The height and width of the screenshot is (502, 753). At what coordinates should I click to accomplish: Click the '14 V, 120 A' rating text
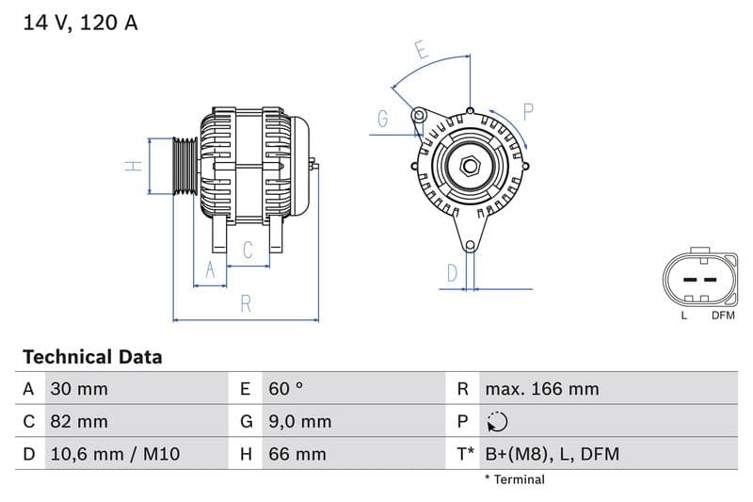coord(80,23)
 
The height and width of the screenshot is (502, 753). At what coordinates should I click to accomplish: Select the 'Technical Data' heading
coord(92,357)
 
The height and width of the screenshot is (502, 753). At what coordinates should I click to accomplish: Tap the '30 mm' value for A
coord(80,389)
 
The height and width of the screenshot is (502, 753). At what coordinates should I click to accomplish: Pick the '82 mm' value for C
coord(80,421)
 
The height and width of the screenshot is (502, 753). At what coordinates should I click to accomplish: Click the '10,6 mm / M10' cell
coord(114,454)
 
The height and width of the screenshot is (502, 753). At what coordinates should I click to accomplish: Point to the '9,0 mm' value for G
coord(299,421)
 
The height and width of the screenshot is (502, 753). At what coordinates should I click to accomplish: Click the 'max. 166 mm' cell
coord(541,389)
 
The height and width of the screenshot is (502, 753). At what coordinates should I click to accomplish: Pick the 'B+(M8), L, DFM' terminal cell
coord(552,454)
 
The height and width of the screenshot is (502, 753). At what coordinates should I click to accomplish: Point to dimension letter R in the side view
coord(245,303)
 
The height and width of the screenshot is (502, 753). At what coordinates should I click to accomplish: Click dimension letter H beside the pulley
coord(135,167)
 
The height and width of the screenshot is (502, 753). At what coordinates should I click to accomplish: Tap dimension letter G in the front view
coord(383,119)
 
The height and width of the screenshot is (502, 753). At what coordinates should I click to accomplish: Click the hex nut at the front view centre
coord(470,167)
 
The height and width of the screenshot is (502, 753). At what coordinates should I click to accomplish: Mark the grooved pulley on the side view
coord(184,167)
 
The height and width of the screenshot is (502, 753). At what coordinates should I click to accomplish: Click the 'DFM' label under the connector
coord(722,316)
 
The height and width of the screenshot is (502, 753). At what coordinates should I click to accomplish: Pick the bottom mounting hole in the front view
coord(471,246)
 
